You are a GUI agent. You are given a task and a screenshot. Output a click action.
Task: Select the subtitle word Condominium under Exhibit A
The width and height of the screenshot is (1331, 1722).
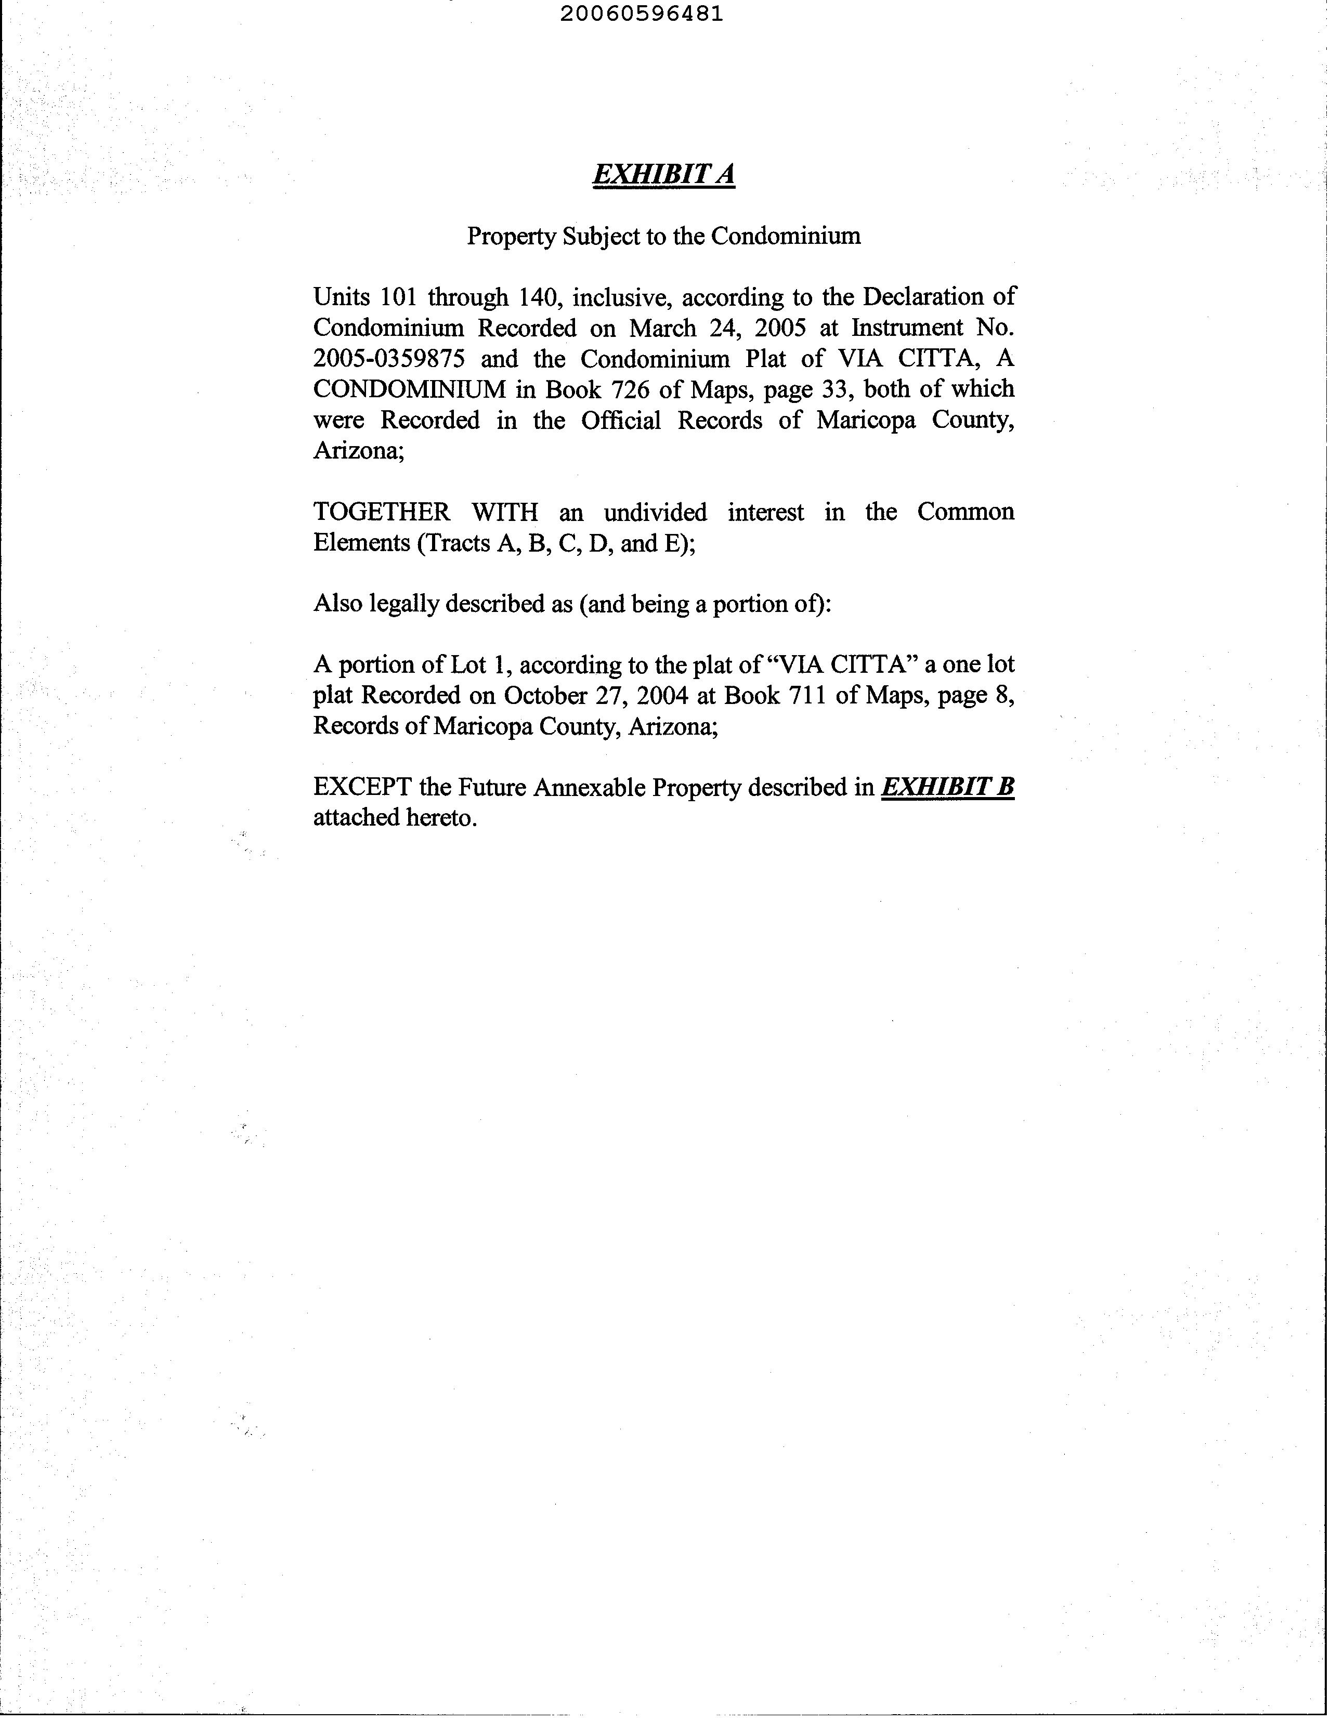786,236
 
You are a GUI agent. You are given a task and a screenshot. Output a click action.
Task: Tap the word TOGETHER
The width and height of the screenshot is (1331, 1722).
382,513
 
